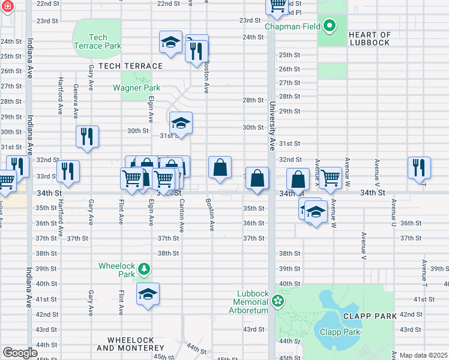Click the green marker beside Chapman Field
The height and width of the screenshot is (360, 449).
point(329,26)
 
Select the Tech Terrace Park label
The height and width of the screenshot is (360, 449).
point(97,41)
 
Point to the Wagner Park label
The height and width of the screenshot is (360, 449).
point(136,88)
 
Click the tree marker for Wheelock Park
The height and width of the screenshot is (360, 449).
point(143,268)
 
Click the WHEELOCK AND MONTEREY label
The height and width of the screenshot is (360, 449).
point(130,344)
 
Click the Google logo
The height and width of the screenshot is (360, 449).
point(20,353)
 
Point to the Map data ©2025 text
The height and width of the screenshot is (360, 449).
point(423,355)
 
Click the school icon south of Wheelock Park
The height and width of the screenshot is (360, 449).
point(148,294)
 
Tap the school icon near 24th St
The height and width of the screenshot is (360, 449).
point(170,42)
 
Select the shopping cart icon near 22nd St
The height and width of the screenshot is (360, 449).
point(278,6)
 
